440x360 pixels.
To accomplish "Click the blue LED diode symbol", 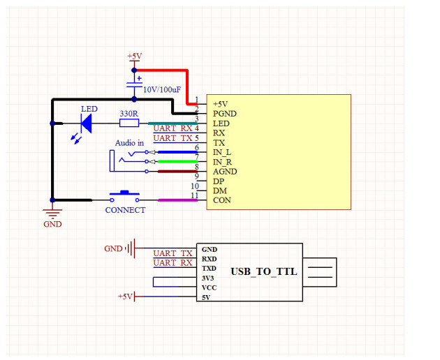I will [87, 123].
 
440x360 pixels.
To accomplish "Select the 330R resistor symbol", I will [129, 123].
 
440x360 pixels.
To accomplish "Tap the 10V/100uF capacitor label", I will [163, 90].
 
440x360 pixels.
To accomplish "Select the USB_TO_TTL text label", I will [264, 271].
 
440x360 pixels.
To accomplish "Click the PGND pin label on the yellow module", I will [225, 113].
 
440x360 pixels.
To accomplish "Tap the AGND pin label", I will [225, 172].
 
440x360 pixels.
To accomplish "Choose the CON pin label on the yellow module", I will [221, 201].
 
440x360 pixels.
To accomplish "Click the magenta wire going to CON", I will [178, 200].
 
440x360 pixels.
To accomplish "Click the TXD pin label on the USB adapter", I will [209, 268].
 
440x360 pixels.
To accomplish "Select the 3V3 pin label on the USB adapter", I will [208, 278].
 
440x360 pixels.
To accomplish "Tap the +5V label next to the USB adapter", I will [125, 297].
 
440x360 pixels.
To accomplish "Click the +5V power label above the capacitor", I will [135, 56].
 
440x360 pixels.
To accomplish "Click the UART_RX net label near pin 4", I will [173, 128].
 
